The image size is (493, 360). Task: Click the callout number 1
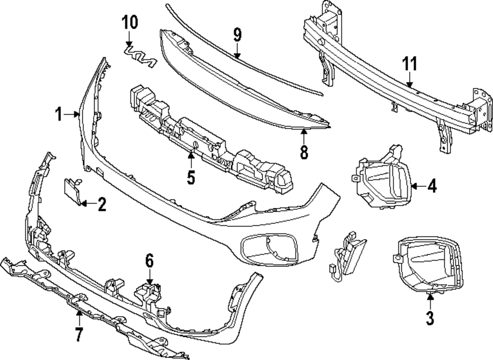click(x=59, y=114)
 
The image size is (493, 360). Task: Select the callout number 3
click(x=430, y=318)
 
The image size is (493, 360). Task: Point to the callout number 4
click(x=431, y=186)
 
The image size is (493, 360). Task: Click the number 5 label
click(x=191, y=176)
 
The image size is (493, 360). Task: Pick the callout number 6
click(x=149, y=259)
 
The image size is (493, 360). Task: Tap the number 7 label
click(x=78, y=334)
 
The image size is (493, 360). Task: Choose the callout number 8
click(x=304, y=151)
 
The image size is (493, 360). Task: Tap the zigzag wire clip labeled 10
click(x=139, y=55)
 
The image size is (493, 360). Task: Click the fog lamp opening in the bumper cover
click(x=269, y=248)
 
